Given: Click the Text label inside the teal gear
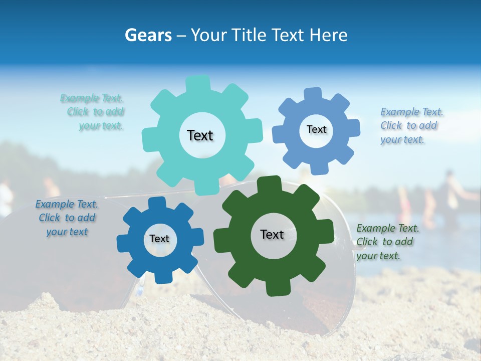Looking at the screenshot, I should pyautogui.click(x=200, y=135).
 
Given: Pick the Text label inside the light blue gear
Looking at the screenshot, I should pyautogui.click(x=316, y=129).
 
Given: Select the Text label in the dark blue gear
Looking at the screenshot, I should pyautogui.click(x=159, y=239).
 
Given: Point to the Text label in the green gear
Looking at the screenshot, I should pyautogui.click(x=272, y=234).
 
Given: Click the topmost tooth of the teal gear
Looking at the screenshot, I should pyautogui.click(x=198, y=83).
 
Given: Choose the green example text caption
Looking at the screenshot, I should pyautogui.click(x=387, y=242).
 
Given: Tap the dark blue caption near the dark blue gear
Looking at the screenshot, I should pyautogui.click(x=67, y=218).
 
